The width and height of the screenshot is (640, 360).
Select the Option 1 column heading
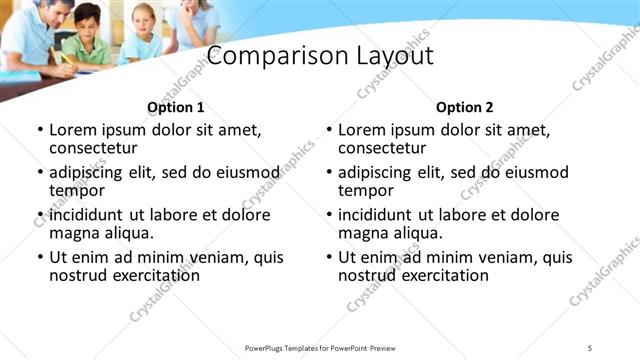pyautogui.click(x=175, y=107)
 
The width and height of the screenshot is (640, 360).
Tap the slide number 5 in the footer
pyautogui.click(x=590, y=347)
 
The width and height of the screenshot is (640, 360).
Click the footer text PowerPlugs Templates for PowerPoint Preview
pyautogui.click(x=319, y=347)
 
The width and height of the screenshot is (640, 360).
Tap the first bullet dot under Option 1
pyautogui.click(x=39, y=130)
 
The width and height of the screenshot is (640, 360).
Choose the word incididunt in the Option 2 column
pyautogui.click(x=380, y=215)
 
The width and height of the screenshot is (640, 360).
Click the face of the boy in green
pyautogui.click(x=89, y=22)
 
